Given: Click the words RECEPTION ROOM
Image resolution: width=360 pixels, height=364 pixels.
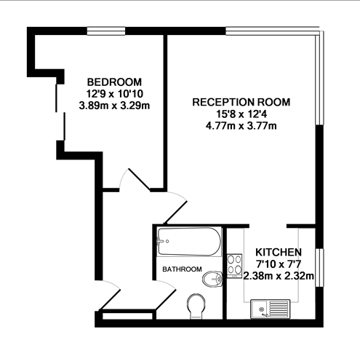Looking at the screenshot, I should tap(241, 102).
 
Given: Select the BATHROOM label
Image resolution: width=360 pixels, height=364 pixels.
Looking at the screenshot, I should tap(182, 269).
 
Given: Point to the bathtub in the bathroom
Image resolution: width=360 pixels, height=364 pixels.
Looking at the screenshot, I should tap(188, 242).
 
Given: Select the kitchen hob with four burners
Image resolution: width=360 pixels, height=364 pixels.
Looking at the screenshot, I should tap(234, 265).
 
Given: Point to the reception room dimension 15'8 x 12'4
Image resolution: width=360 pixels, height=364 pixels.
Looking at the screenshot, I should tap(241, 114).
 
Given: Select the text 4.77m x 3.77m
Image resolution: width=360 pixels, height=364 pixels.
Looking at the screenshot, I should tap(241, 127).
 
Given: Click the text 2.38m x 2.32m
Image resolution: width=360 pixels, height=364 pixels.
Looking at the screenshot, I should tap(279, 276).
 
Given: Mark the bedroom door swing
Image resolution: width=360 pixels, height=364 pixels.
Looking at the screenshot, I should tap(138, 181).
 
